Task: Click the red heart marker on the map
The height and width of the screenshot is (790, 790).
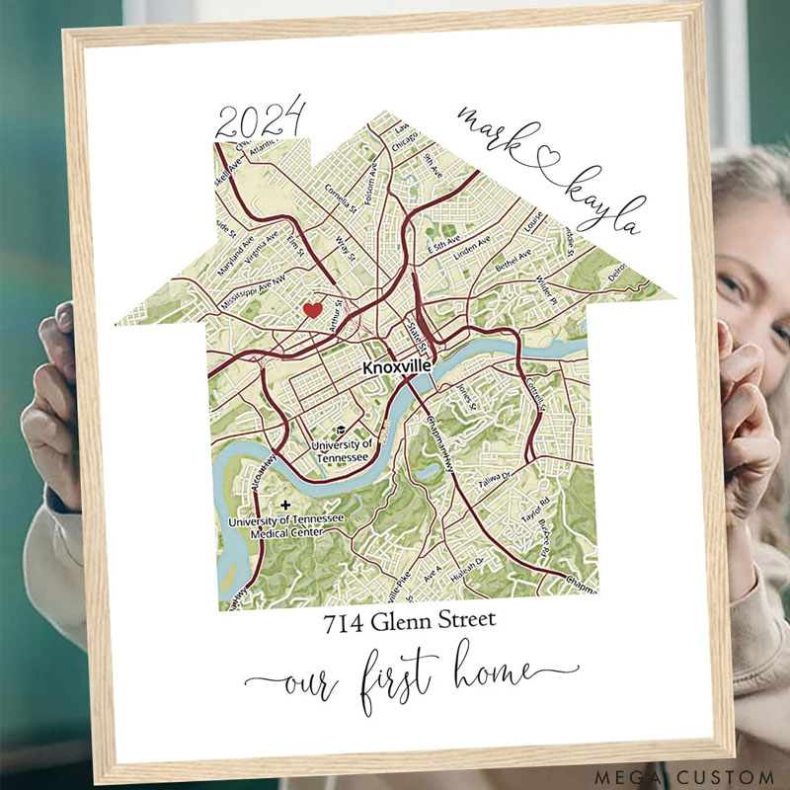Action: pos(312,310)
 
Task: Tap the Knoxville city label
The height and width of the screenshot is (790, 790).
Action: pos(397,366)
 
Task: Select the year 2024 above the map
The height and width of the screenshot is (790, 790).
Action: pos(261,123)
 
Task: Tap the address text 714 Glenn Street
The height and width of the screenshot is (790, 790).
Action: pos(410,623)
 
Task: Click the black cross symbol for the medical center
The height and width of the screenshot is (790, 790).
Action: pos(286,505)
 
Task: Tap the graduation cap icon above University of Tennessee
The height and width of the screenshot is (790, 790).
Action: pos(340,432)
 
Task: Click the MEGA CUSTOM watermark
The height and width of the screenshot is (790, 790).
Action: pos(684,777)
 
